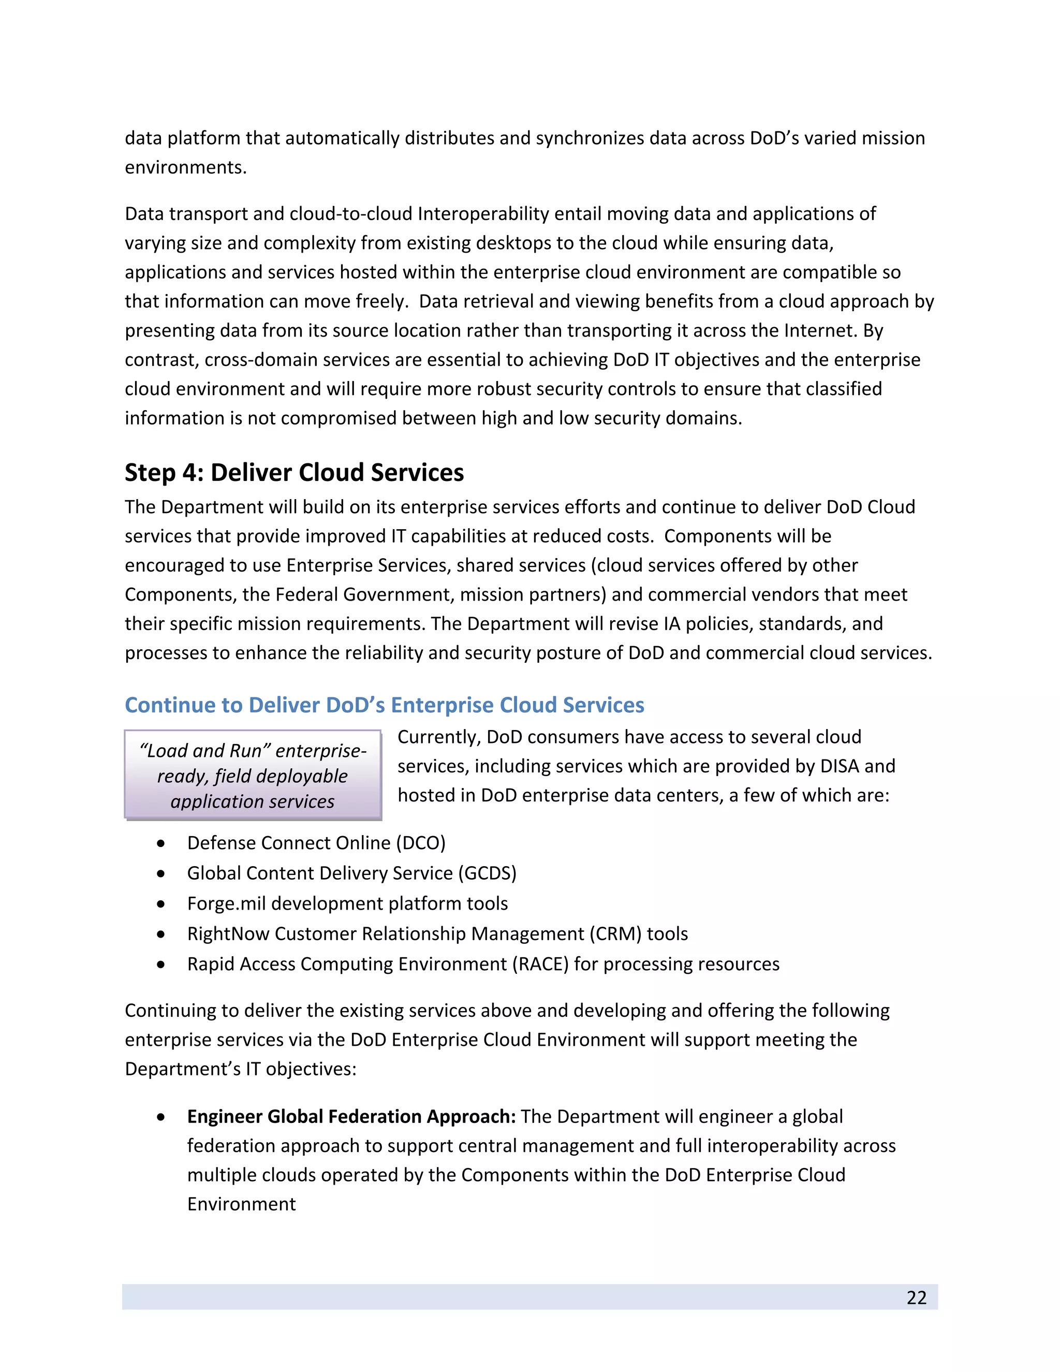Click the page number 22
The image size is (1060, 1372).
(916, 1297)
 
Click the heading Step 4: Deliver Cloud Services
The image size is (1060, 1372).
(294, 472)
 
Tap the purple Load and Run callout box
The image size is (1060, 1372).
(253, 775)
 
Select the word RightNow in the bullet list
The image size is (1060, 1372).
(228, 933)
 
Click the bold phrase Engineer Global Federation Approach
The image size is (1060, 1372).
(351, 1116)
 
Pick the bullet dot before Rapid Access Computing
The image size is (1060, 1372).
(161, 965)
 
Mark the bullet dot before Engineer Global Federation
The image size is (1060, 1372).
(161, 1117)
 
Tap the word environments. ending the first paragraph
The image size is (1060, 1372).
(186, 168)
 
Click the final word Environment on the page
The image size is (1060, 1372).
(241, 1204)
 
